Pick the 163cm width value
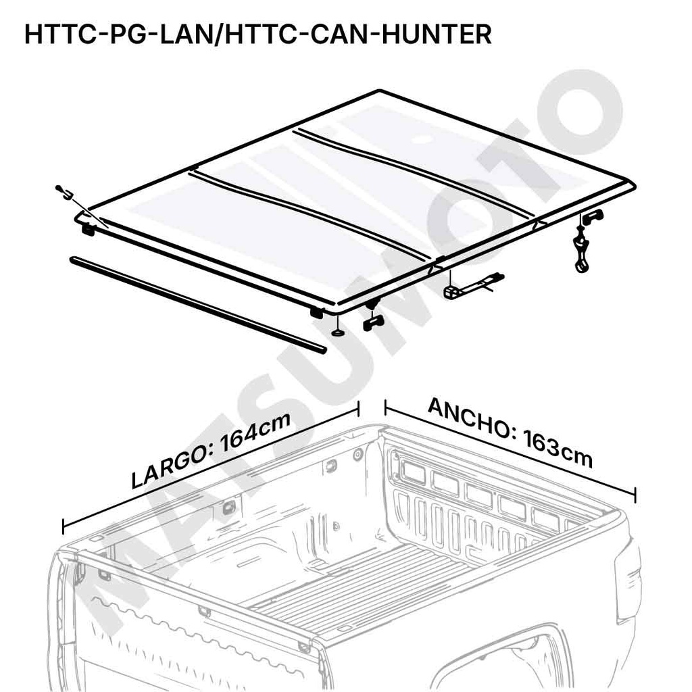coord(557,449)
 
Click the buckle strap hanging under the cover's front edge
coord(473,286)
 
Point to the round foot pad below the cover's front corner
coord(337,332)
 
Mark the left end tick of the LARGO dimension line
coord(64,526)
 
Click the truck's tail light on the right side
coord(628,581)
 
